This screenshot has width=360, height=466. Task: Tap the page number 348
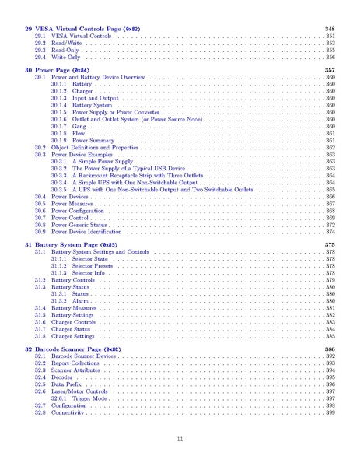point(329,28)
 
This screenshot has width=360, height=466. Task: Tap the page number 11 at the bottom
point(180,440)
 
